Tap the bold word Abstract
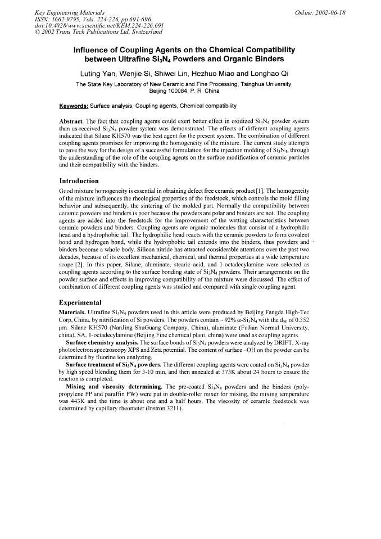coord(70,121)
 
